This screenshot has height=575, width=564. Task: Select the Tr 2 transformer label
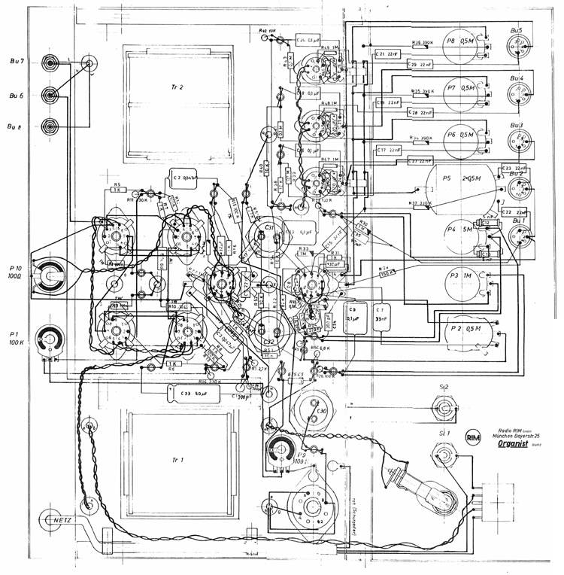point(177,88)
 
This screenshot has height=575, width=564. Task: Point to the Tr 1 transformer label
point(177,458)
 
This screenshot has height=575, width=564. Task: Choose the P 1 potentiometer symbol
point(50,336)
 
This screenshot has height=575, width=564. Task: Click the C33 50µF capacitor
point(193,392)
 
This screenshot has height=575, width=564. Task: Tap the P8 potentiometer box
point(459,42)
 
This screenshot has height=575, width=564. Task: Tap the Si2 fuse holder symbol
point(444,411)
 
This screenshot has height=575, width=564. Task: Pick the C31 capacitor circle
point(268,230)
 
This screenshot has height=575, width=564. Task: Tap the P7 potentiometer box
point(459,89)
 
